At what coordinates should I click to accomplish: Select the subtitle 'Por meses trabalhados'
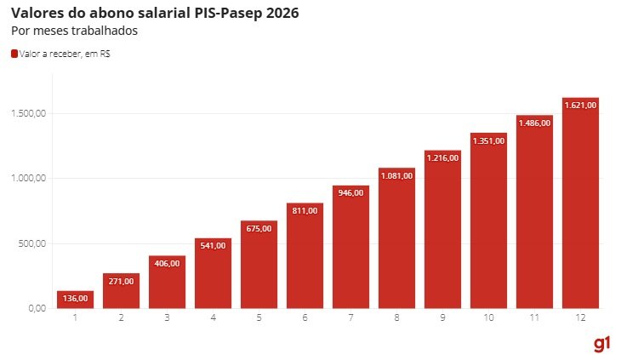coord(74,31)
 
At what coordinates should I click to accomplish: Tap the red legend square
coord(14,54)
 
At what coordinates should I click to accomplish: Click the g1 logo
coord(602,343)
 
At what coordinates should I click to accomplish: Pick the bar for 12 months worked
coord(581,204)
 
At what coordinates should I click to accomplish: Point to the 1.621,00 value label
coord(581,105)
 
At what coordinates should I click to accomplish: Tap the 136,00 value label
coord(75,298)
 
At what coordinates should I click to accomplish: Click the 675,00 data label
coord(259,228)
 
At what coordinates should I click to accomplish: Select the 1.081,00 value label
coord(396,175)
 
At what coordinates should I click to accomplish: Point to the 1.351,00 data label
coord(488,140)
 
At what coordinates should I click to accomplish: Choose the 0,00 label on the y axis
coord(37,308)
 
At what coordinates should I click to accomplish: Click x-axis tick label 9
coord(442,318)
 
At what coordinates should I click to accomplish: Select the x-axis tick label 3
coord(167,318)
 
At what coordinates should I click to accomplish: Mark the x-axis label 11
coord(534,318)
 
